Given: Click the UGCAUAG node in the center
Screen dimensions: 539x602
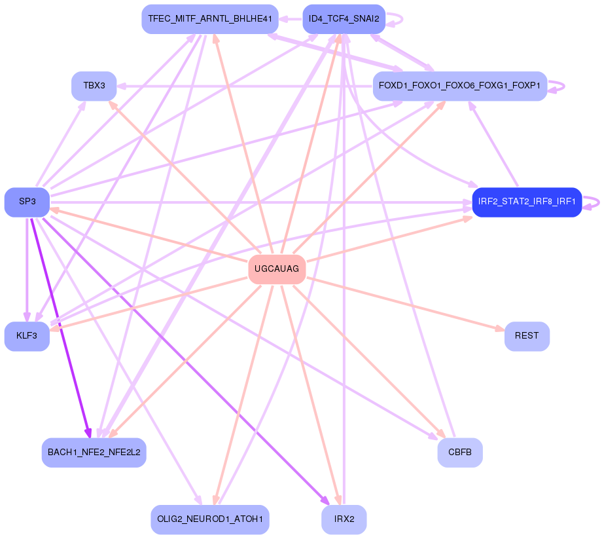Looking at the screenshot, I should tap(277, 269).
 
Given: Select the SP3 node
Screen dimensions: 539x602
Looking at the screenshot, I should tap(27, 202).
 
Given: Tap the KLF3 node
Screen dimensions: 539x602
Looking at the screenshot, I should tap(27, 336).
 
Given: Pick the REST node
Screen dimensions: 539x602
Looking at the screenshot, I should tap(527, 336).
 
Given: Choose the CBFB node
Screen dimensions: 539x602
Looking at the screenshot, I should tap(460, 452).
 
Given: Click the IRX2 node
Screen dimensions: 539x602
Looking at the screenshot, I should tap(344, 519).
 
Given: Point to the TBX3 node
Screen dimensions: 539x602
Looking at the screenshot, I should tap(94, 86).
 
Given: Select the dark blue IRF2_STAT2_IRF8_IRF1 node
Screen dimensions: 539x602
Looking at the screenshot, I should tap(527, 202).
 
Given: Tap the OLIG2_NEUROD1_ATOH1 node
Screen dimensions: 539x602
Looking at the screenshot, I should tap(209, 519).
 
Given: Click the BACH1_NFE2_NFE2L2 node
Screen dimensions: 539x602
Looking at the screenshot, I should tap(94, 452).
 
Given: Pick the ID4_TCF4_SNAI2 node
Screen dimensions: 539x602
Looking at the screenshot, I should tap(344, 19).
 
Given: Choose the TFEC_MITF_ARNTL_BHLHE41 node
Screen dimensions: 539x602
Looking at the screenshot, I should tap(209, 19).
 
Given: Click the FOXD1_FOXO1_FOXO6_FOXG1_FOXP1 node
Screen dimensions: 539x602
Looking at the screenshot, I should tap(459, 86).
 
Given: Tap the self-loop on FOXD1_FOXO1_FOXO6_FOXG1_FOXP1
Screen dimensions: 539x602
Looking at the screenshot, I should tap(558, 86).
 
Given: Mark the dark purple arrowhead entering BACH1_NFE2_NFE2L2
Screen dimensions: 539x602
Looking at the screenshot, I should tap(88, 433).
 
